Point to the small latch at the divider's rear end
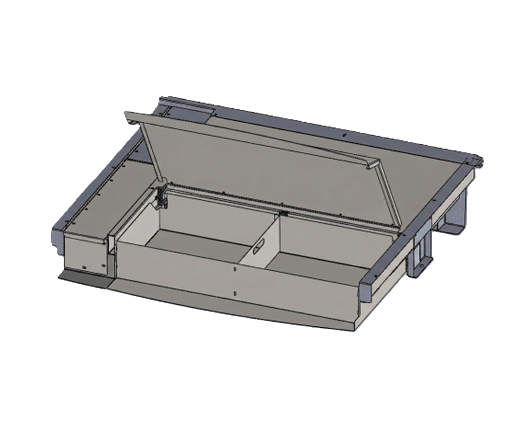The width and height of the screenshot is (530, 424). pyautogui.click(x=283, y=212)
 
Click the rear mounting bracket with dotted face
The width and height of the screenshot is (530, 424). pyautogui.click(x=458, y=212)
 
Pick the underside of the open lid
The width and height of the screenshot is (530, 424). pyautogui.click(x=269, y=166)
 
